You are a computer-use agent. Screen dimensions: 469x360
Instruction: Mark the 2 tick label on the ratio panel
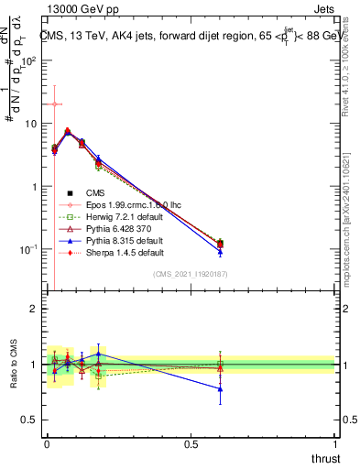[34, 309]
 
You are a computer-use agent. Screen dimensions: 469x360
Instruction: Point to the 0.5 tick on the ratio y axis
[30, 421]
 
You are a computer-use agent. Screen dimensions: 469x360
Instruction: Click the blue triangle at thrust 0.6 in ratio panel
[220, 388]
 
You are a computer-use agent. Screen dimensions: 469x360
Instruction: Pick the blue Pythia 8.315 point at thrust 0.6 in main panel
[220, 252]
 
